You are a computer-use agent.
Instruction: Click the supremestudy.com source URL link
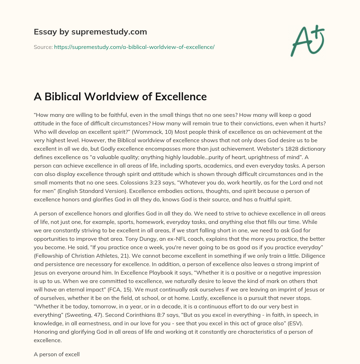134,47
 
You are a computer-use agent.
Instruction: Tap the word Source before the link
43,47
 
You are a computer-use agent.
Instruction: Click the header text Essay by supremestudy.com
90,32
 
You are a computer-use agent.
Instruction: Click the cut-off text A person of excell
57,354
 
